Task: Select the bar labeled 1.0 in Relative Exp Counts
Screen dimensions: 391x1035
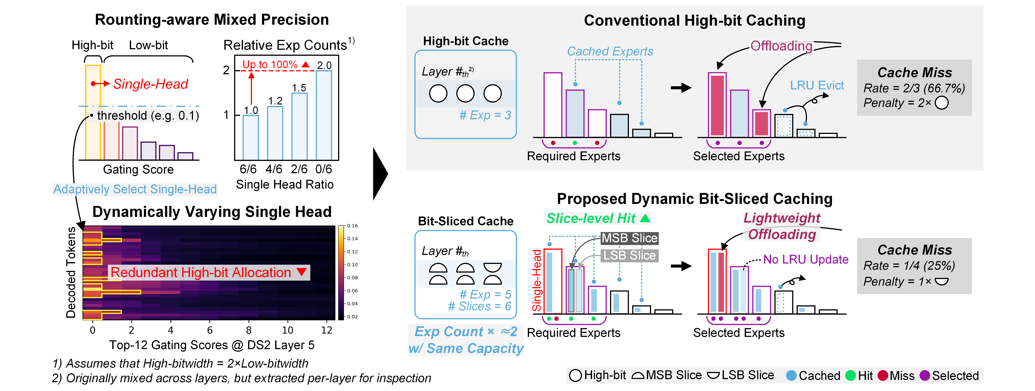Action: [x=251, y=138]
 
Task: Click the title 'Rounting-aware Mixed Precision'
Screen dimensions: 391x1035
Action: [x=212, y=20]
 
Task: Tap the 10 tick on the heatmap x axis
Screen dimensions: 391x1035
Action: [x=288, y=330]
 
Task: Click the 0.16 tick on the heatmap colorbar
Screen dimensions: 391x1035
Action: [x=352, y=226]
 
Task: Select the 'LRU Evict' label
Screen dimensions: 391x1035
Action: [x=817, y=85]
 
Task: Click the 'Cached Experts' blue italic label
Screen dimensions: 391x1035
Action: [x=610, y=52]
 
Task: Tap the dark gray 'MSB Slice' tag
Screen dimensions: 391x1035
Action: [x=629, y=238]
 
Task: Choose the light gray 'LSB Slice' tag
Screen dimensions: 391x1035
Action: [x=629, y=255]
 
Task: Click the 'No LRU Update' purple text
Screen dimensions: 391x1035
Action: [x=806, y=260]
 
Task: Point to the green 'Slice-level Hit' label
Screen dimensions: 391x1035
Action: [x=591, y=218]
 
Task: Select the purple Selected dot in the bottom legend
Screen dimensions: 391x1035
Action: [x=925, y=375]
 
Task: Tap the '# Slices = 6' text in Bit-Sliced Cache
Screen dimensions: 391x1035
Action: [x=479, y=307]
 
